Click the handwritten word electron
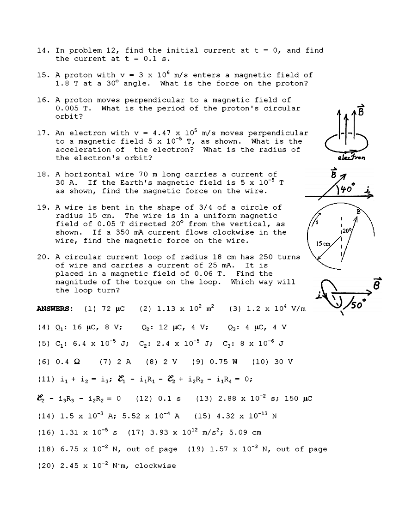[x=351, y=158]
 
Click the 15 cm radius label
[x=323, y=243]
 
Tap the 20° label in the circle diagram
[x=347, y=230]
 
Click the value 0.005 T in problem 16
[x=74, y=109]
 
